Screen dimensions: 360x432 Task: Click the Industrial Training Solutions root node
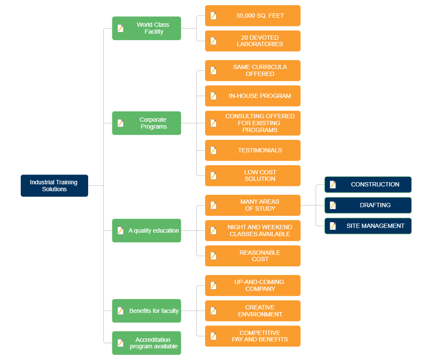pos(54,186)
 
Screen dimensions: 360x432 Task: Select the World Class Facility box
pos(146,28)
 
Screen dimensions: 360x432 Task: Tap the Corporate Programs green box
pos(146,123)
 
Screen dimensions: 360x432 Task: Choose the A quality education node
pos(146,231)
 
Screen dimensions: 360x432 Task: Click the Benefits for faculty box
pos(146,311)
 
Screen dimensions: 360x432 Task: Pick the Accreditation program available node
pos(146,343)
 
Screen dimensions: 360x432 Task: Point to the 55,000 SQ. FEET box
pos(253,16)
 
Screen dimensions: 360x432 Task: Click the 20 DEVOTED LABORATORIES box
pos(253,41)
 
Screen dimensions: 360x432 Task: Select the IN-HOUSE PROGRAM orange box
pos(253,96)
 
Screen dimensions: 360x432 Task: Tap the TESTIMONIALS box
pos(253,150)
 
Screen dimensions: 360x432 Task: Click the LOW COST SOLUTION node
pos(253,176)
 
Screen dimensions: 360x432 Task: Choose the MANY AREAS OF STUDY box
pos(253,205)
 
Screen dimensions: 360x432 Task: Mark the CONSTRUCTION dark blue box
pos(368,184)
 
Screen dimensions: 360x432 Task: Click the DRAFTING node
pos(368,205)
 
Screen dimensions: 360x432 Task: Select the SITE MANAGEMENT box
pos(368,226)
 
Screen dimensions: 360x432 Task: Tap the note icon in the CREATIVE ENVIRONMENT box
pos(213,311)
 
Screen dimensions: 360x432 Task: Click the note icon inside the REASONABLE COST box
pos(213,256)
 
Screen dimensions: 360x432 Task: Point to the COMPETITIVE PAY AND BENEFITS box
pos(253,336)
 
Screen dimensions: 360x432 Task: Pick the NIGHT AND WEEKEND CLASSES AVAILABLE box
pos(253,231)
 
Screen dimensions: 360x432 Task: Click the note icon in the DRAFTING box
pos(333,205)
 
